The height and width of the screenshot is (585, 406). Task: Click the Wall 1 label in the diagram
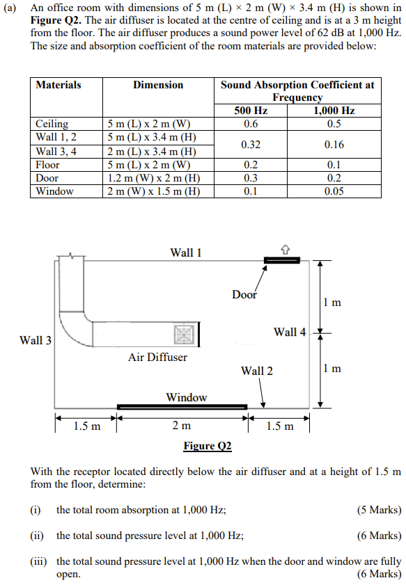click(186, 252)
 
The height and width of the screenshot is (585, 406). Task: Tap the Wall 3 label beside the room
click(36, 340)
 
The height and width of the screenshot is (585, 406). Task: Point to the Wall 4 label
click(289, 332)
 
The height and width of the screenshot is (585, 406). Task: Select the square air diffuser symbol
click(182, 334)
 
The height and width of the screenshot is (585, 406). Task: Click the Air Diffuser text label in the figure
click(157, 357)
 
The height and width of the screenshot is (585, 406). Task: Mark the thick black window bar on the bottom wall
click(182, 407)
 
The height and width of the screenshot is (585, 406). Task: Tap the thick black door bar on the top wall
click(281, 260)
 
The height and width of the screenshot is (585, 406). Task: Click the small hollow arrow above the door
click(285, 248)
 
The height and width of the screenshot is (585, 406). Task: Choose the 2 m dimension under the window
click(182, 425)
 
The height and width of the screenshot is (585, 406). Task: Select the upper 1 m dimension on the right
click(332, 302)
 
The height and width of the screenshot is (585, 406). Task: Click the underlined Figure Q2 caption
click(207, 445)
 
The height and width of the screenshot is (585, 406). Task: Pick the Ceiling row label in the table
click(52, 124)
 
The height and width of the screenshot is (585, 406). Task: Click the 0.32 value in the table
click(251, 145)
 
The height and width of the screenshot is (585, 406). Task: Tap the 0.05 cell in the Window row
click(334, 191)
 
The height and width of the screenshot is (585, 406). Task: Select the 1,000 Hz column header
click(334, 111)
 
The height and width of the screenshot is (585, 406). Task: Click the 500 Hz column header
click(251, 111)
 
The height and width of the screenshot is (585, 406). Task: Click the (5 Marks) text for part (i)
click(379, 510)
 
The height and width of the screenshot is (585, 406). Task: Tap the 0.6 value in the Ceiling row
click(251, 124)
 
